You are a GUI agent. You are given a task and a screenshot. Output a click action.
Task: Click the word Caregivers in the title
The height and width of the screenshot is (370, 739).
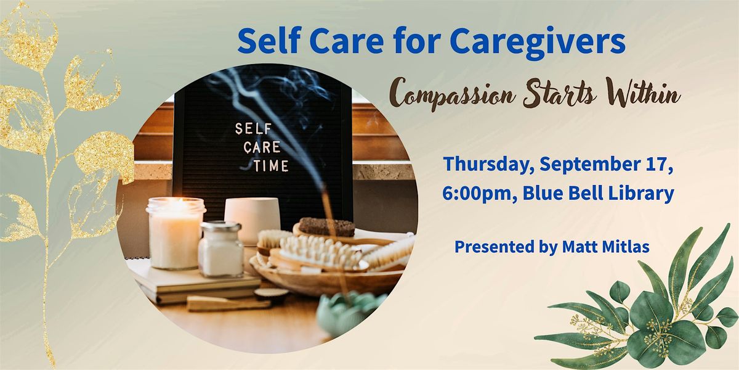point(538,41)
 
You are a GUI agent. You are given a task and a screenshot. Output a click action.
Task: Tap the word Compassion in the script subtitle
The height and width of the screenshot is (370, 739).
point(452,95)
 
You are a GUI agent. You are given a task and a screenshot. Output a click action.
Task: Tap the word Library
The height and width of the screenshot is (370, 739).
point(640,193)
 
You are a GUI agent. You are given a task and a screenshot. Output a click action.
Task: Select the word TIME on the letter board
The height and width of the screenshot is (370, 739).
point(270,165)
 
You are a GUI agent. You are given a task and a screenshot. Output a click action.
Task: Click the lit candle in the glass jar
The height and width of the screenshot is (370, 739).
point(175,233)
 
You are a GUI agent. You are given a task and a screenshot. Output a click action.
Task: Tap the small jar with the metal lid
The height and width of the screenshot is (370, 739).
point(220,249)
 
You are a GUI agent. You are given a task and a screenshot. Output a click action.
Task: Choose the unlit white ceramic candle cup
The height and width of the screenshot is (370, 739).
point(252,218)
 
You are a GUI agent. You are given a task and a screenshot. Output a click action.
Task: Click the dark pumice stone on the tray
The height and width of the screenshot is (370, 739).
point(326,227)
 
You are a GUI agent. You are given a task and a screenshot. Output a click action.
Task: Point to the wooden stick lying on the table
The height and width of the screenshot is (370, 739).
point(228,303)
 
